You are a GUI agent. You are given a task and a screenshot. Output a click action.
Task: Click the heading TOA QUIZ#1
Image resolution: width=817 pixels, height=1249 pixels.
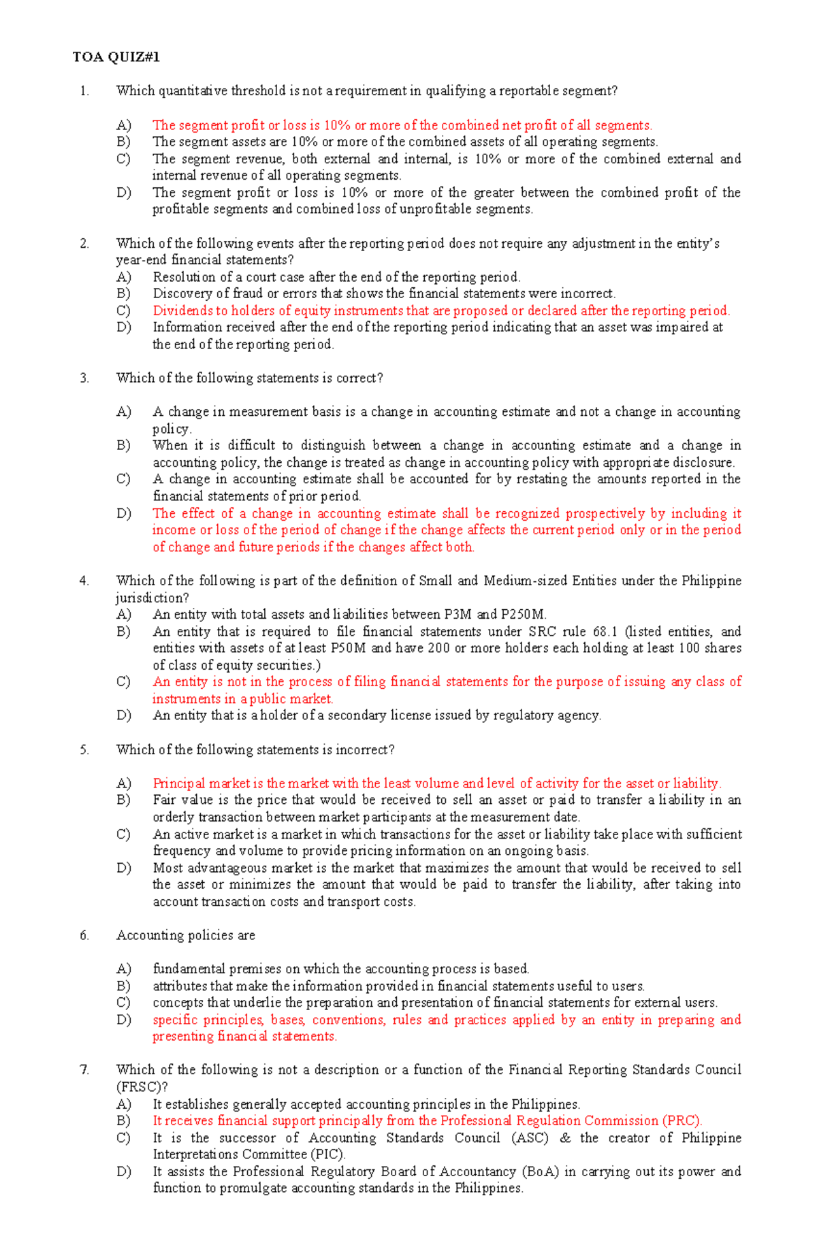(x=116, y=57)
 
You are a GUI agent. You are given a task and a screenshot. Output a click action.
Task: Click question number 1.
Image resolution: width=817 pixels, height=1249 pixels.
(x=84, y=91)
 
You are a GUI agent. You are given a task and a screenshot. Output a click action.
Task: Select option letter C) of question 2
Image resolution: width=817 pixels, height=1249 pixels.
(x=123, y=311)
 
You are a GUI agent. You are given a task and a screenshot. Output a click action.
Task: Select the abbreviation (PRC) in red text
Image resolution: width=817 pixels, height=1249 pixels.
(x=682, y=1121)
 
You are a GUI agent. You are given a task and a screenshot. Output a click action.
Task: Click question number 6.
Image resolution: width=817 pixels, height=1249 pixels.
(x=84, y=936)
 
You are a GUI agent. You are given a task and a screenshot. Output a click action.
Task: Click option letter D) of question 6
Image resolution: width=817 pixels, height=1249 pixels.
(x=123, y=1020)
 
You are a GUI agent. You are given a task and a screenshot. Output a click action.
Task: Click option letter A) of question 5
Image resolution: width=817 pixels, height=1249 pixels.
(x=123, y=783)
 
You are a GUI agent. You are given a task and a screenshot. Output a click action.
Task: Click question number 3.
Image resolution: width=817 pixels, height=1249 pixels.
(x=84, y=378)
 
